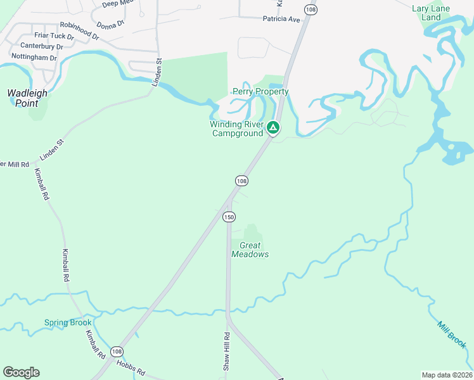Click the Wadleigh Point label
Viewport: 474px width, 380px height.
tap(27, 98)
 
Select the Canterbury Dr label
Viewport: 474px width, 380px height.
tap(42, 46)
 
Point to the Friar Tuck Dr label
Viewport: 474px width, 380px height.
tap(54, 36)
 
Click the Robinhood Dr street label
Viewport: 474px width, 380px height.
tap(79, 30)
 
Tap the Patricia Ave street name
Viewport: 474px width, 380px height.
tap(281, 20)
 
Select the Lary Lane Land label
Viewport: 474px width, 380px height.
tap(431, 13)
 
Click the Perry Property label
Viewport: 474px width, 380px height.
tap(260, 92)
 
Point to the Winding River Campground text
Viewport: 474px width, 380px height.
tap(236, 129)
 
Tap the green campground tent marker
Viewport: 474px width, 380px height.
tap(273, 128)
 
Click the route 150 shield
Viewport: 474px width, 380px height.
tap(229, 217)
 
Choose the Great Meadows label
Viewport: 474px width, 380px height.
tap(250, 250)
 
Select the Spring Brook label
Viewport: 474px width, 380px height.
tap(68, 322)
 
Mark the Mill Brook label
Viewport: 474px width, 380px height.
tap(452, 334)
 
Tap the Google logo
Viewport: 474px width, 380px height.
tap(21, 372)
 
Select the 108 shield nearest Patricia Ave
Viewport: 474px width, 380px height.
tap(311, 9)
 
